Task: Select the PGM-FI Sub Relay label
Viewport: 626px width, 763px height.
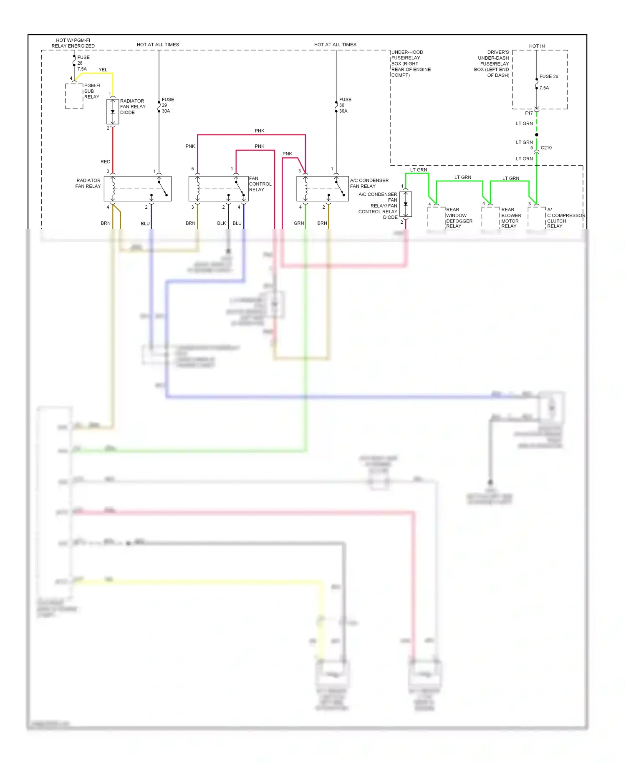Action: coord(92,91)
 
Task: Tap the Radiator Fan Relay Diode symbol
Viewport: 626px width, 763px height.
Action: coord(113,112)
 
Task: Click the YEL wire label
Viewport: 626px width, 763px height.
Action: coord(103,70)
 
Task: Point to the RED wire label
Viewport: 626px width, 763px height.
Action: coord(105,162)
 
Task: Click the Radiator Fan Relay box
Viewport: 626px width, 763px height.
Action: coord(137,189)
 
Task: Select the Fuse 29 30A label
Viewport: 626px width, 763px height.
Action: coord(167,105)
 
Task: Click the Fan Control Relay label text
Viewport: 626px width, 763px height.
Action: coord(260,184)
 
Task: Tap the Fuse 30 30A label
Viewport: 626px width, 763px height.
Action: coord(345,105)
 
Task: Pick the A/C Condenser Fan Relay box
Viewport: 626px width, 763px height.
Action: coord(322,189)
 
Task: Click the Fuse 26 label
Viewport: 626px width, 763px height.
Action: coord(548,76)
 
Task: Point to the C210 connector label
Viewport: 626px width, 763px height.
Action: coord(546,148)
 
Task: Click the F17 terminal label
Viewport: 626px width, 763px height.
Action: coord(529,113)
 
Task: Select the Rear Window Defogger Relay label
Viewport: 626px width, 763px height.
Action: coord(459,218)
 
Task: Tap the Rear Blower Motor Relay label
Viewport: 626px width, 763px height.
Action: coord(511,218)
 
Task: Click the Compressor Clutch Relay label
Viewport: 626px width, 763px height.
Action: coord(565,218)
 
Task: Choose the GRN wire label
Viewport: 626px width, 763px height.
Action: coord(298,223)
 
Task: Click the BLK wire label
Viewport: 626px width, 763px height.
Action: coord(221,223)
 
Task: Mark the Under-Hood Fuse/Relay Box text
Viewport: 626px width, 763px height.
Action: coord(411,63)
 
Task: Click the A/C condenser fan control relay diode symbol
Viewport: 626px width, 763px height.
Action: coord(406,204)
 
